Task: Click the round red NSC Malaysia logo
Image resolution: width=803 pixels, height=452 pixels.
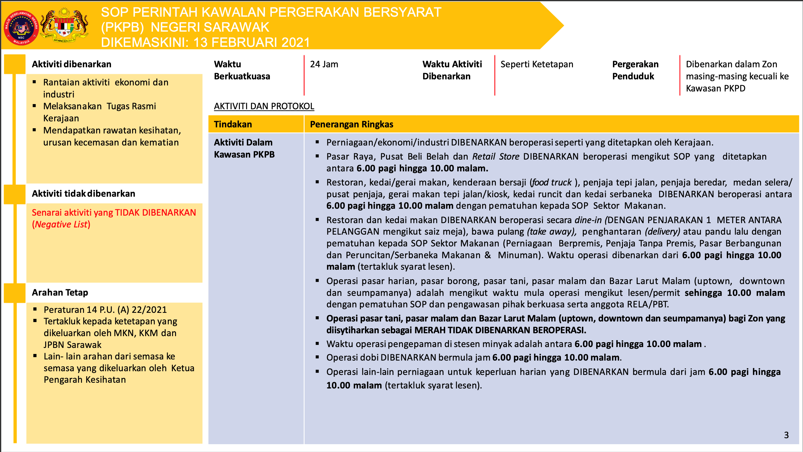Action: pos(21,28)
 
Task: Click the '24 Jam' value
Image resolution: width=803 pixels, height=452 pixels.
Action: pos(324,64)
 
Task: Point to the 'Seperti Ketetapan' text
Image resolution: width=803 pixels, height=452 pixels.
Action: pos(536,64)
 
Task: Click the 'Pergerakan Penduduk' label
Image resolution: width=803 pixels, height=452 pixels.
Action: pos(635,70)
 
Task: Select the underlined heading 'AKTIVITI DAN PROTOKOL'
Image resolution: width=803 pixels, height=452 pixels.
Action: pos(264,106)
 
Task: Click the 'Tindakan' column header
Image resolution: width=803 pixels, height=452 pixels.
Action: pos(233,125)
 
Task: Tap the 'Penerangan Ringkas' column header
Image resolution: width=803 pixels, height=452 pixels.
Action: pos(351,125)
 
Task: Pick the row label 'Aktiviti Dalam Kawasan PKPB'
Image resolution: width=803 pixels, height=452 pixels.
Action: pos(244,148)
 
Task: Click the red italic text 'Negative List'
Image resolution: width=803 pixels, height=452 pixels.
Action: pos(61,225)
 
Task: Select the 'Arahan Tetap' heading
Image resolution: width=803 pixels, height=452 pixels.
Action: pos(60,292)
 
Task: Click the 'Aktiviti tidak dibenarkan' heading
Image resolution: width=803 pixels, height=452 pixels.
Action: pos(83,194)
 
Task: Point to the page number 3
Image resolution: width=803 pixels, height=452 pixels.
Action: pos(786,435)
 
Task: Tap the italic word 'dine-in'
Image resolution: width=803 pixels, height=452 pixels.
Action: pos(588,220)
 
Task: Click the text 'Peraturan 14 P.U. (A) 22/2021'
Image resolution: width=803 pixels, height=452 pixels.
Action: pos(105,310)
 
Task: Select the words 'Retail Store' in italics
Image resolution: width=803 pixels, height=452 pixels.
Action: pos(496,156)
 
